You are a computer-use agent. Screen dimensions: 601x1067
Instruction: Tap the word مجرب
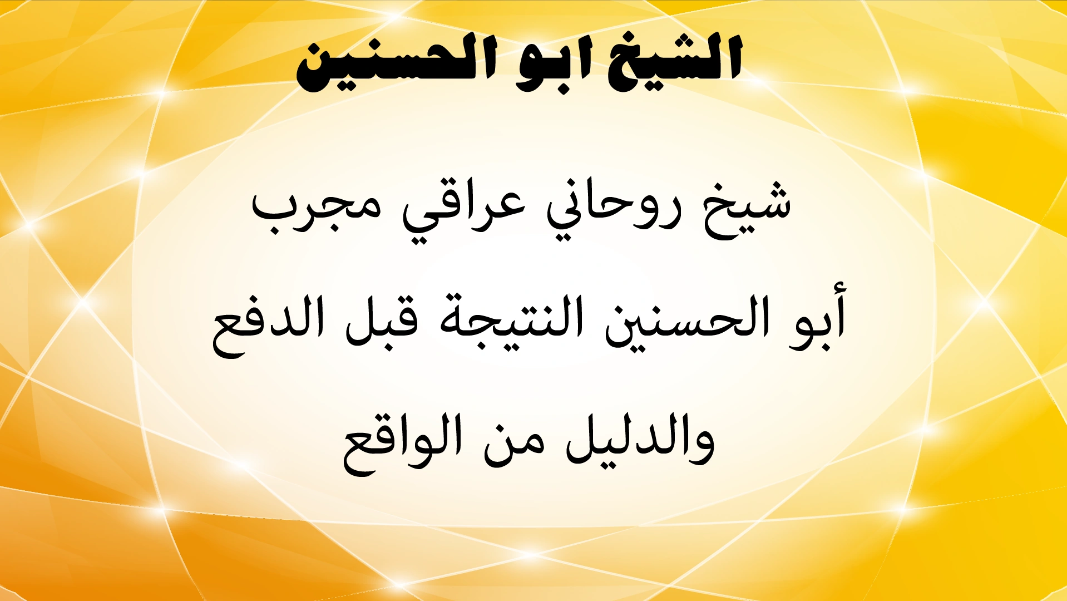point(317,209)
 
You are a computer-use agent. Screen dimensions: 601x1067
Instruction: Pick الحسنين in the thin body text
point(687,323)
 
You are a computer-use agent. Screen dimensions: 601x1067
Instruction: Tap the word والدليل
point(640,440)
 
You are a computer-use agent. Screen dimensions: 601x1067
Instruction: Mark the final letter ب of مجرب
point(273,214)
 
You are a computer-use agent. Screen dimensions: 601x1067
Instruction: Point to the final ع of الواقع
point(359,454)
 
